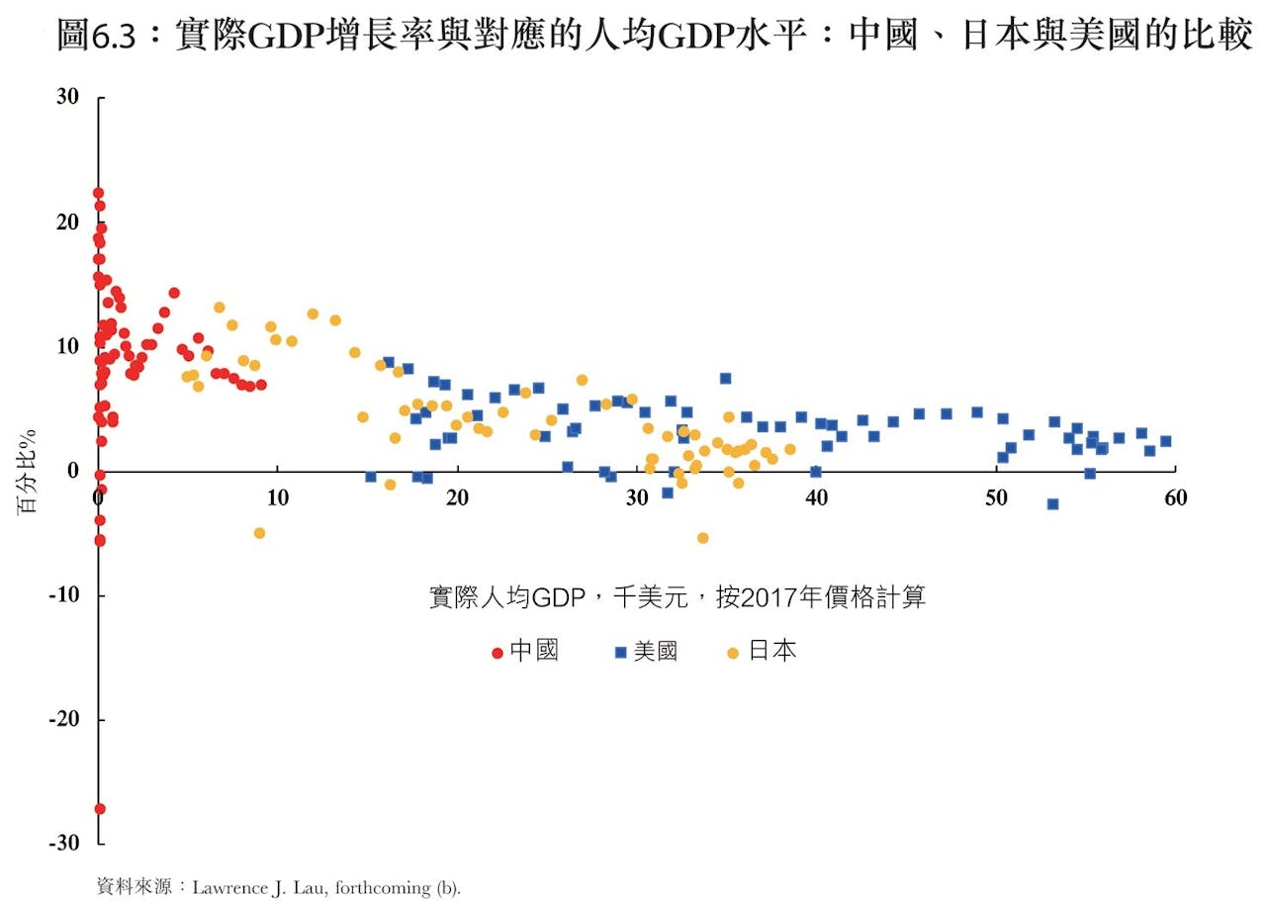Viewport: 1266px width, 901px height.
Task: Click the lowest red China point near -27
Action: coord(100,809)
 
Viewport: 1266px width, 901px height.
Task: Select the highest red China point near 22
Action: coord(98,193)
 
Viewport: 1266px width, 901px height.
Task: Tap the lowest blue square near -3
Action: coord(1052,503)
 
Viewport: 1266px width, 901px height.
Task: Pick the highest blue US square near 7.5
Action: coord(725,378)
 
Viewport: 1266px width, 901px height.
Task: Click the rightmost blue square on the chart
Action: coord(1165,441)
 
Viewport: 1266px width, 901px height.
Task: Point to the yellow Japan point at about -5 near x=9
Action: coord(259,532)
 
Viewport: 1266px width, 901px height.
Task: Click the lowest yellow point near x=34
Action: coord(702,538)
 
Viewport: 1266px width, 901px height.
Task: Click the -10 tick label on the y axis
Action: coord(62,595)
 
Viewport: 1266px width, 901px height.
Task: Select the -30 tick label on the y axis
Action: coord(62,844)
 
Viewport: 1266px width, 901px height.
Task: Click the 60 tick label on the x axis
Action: coord(1175,498)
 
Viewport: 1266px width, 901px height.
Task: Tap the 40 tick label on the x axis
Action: coord(816,498)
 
